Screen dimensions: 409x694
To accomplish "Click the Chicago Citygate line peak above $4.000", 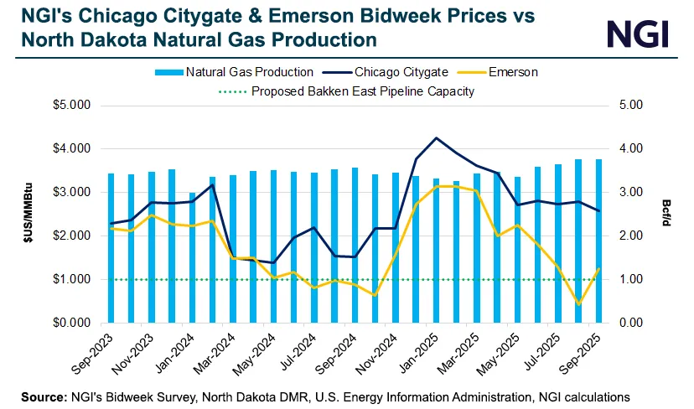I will tap(436, 137).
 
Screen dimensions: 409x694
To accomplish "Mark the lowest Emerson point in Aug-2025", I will tap(578, 304).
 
